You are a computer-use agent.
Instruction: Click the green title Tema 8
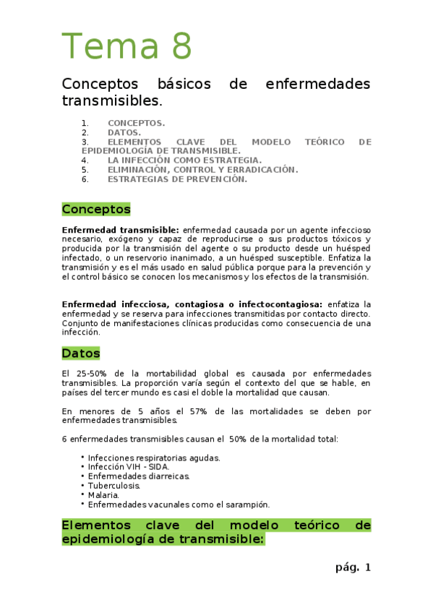click(127, 46)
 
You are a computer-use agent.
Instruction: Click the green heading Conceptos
click(96, 210)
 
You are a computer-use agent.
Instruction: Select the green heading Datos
click(81, 353)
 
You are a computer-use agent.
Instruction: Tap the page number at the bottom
click(353, 567)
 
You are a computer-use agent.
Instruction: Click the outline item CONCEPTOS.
click(136, 123)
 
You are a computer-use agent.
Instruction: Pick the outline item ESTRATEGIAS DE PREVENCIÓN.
click(177, 179)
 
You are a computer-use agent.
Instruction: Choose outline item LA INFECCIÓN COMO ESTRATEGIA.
click(184, 160)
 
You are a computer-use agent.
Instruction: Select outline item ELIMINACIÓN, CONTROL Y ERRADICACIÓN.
click(202, 170)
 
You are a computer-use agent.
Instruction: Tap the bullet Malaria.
click(104, 495)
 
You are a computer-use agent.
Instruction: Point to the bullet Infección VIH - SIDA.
click(129, 467)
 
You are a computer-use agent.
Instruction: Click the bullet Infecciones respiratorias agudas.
click(154, 458)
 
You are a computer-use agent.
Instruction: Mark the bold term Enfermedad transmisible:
click(121, 230)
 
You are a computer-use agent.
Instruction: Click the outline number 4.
click(85, 160)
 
